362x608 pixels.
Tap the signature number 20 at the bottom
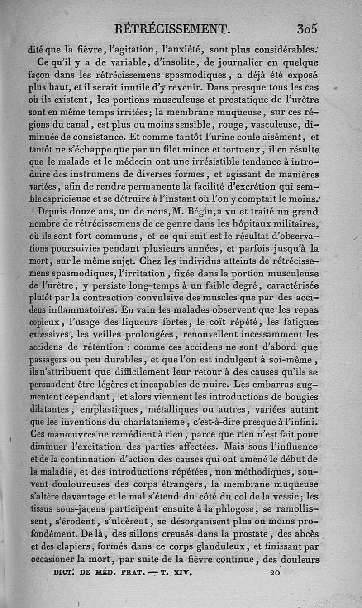click(x=275, y=572)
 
